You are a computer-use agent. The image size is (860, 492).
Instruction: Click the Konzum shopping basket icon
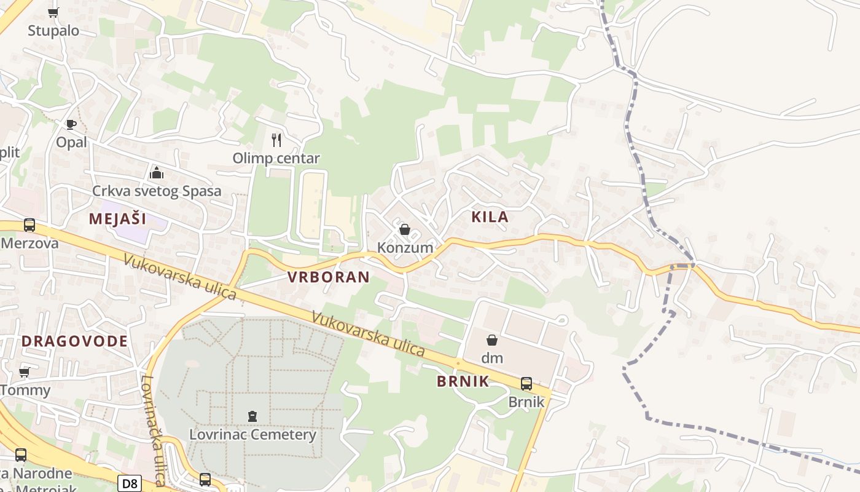pyautogui.click(x=405, y=230)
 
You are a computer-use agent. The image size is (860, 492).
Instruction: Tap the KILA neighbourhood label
pyautogui.click(x=490, y=216)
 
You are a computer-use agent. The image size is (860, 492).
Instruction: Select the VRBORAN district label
pyautogui.click(x=329, y=277)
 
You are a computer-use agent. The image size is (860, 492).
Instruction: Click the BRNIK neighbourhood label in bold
pyautogui.click(x=463, y=381)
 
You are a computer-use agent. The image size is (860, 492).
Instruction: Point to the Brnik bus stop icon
pyautogui.click(x=526, y=384)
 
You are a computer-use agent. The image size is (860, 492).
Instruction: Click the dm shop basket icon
pyautogui.click(x=492, y=340)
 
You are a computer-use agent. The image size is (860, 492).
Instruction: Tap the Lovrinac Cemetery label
pyautogui.click(x=252, y=435)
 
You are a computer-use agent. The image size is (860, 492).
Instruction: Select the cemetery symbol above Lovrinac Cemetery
pyautogui.click(x=252, y=416)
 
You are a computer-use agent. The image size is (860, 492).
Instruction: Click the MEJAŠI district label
pyautogui.click(x=117, y=218)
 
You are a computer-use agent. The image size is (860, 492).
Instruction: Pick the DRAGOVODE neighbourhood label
pyautogui.click(x=75, y=341)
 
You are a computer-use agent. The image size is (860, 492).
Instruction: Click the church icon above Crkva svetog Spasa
pyautogui.click(x=157, y=173)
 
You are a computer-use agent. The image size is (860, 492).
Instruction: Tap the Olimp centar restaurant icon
pyautogui.click(x=276, y=140)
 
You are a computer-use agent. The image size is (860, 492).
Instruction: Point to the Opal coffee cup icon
pyautogui.click(x=71, y=124)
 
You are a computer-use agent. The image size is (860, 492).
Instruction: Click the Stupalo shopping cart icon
pyautogui.click(x=53, y=12)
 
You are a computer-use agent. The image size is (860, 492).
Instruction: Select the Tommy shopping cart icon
pyautogui.click(x=25, y=372)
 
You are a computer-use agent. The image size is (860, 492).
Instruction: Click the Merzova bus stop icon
pyautogui.click(x=29, y=225)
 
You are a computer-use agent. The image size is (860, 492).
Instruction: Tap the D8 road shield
pyautogui.click(x=130, y=483)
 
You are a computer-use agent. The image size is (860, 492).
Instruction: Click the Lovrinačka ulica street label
pyautogui.click(x=154, y=430)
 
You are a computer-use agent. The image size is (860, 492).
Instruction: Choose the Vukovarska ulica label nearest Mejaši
pyautogui.click(x=179, y=277)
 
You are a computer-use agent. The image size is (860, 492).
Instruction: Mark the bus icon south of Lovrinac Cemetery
pyautogui.click(x=205, y=479)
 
